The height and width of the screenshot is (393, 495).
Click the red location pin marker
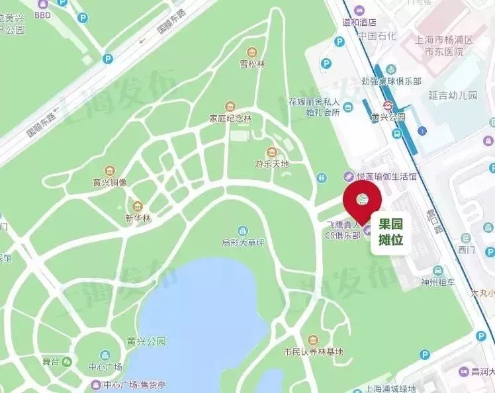pyautogui.click(x=362, y=198)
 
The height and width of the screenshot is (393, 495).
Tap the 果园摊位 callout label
pyautogui.click(x=390, y=232)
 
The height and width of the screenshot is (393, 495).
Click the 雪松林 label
pyautogui.click(x=252, y=64)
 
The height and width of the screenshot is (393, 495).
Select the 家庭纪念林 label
pyautogui.click(x=231, y=118)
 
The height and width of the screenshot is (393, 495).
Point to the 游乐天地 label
pyautogui.click(x=272, y=163)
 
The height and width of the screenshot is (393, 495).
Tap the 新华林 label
pyautogui.click(x=138, y=218)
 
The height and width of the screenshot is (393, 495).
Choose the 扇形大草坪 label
pyautogui.click(x=243, y=242)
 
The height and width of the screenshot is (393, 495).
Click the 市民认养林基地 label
pyautogui.click(x=313, y=351)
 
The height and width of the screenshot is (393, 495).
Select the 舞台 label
pyautogui.click(x=52, y=362)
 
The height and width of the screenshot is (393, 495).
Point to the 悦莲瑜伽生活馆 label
pyautogui.click(x=389, y=177)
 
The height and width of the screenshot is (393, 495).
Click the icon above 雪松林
pyautogui.click(x=252, y=52)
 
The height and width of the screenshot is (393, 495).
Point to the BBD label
pyautogui.click(x=43, y=14)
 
